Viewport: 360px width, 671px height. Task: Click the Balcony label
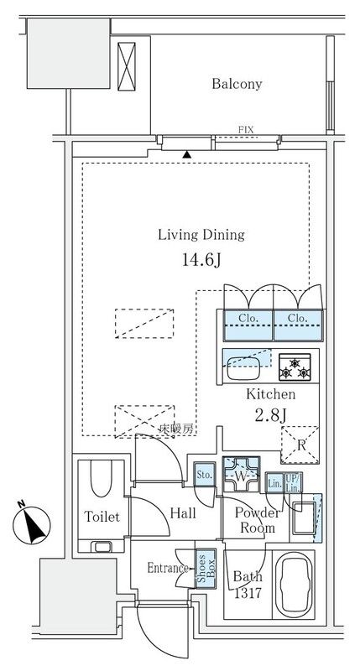tap(237, 84)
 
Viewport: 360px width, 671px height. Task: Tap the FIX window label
tap(246, 129)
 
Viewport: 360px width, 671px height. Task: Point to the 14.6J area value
tap(201, 260)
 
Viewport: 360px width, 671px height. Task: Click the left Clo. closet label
tap(246, 319)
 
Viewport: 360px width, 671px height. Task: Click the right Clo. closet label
tap(297, 319)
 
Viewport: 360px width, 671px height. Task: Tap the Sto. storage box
tap(203, 476)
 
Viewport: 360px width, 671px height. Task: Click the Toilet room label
tap(102, 517)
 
